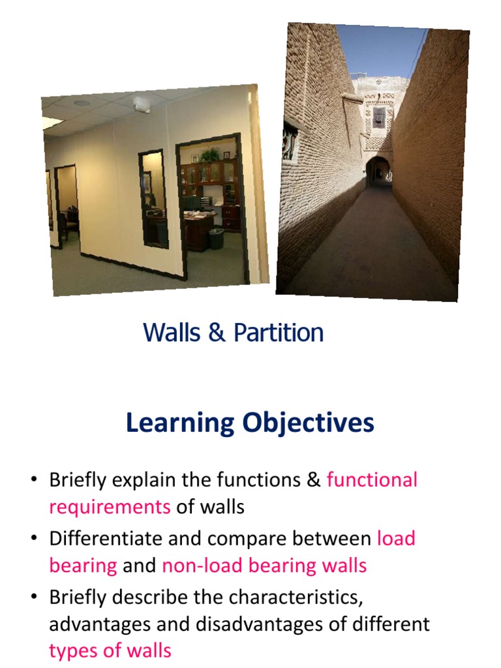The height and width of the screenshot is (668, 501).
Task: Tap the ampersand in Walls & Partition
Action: click(217, 333)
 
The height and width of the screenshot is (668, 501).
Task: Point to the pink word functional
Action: click(372, 480)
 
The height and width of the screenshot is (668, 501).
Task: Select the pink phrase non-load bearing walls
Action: click(264, 566)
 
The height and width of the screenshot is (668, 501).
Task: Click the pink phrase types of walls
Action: click(110, 650)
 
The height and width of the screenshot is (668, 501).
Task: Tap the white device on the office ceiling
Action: click(142, 104)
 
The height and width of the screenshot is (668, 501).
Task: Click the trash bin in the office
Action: click(216, 238)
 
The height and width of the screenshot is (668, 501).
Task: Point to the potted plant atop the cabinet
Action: click(210, 155)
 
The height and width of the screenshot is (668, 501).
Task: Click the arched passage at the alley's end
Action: click(378, 171)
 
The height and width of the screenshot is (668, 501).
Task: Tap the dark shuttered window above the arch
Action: click(379, 118)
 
